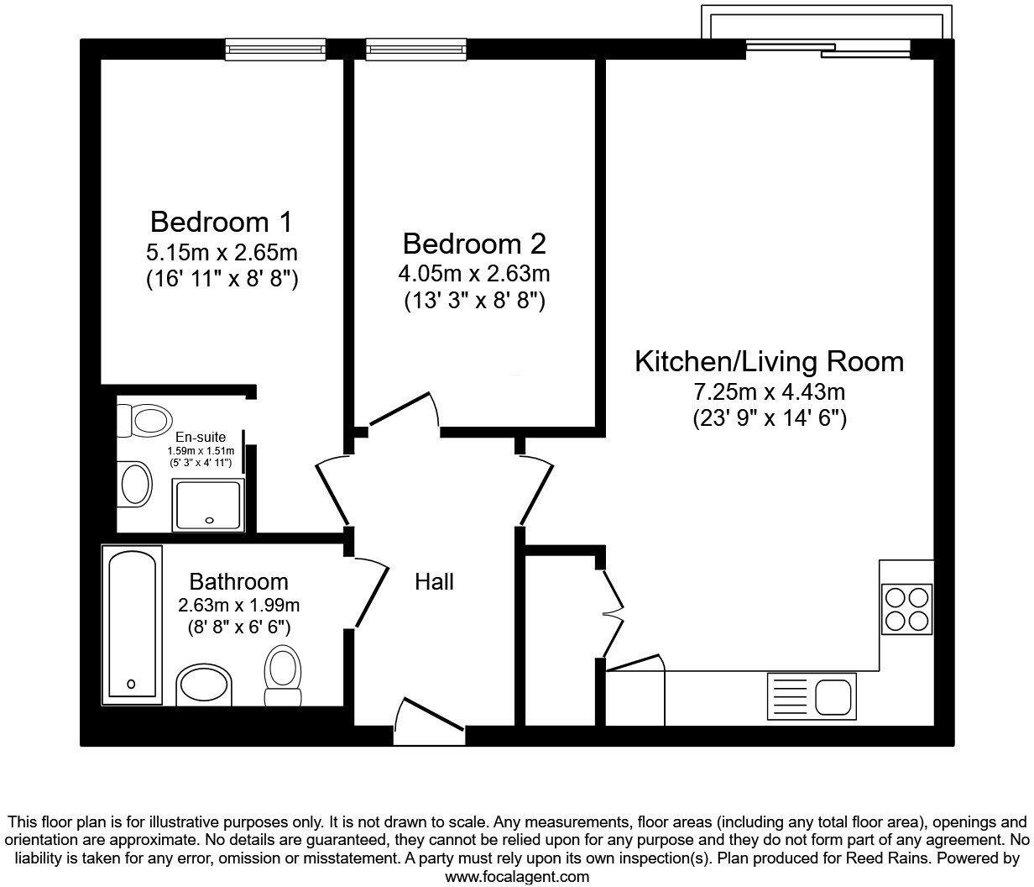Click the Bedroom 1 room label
click(x=222, y=223)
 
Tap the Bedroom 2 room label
click(x=474, y=244)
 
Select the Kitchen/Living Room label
click(x=769, y=362)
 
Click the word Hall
click(x=435, y=581)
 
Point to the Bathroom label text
click(x=238, y=581)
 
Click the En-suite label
click(x=200, y=437)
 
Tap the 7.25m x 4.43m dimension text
click(x=769, y=391)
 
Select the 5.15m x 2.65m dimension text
click(x=222, y=252)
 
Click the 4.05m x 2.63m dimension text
click(x=474, y=273)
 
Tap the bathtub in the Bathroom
click(x=132, y=625)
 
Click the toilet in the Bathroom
click(x=282, y=674)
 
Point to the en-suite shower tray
click(x=208, y=505)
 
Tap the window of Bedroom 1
click(x=274, y=50)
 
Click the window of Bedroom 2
click(x=415, y=50)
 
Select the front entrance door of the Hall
click(x=429, y=719)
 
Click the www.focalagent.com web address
click(x=516, y=876)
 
